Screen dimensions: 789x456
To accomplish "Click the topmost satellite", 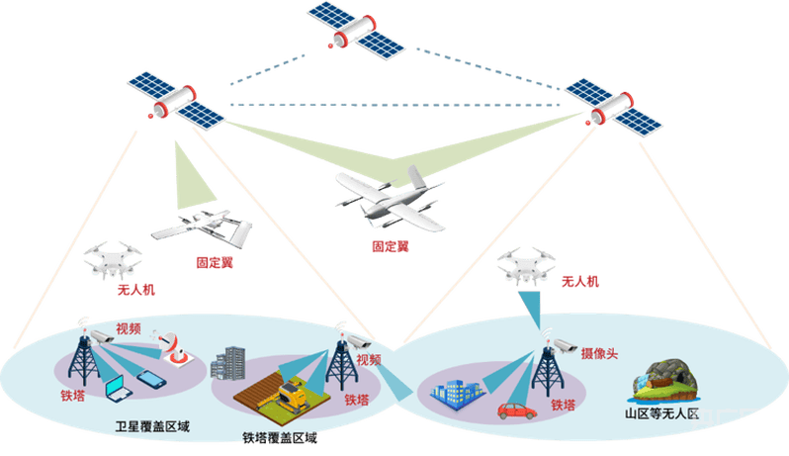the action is coord(356,31).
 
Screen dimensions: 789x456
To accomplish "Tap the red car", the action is coord(517,410).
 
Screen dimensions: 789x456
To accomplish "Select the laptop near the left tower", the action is coord(119,389).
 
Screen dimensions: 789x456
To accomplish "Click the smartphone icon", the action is coord(151,379).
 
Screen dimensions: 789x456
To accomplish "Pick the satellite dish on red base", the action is coord(174,347).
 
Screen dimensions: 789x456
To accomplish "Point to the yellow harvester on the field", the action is coord(291,394).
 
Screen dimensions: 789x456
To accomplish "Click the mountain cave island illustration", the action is coord(665,382).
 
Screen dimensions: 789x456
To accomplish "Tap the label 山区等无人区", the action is coord(661,414).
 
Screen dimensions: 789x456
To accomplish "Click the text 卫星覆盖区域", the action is coord(152,426).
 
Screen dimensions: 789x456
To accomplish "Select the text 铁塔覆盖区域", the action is coord(280,438).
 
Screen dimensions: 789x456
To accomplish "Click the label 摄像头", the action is coord(599,353).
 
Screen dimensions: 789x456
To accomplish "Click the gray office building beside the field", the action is coord(228,362).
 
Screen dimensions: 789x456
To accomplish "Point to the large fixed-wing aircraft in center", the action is coord(390,199).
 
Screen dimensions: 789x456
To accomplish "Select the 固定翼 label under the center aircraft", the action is coord(391,246).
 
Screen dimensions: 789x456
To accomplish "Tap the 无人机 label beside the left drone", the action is coord(135,290).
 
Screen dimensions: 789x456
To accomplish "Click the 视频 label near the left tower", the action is coord(129,328).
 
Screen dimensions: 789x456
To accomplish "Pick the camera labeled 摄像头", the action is coord(566,346).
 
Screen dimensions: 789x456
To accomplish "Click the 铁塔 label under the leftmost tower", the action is coord(73,396).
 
